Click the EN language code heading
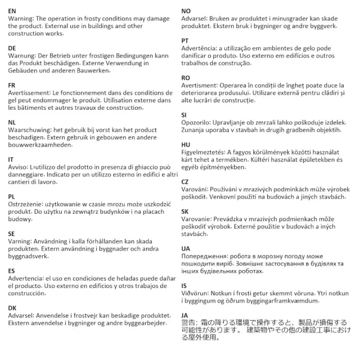point(12,11)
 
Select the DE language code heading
point(12,48)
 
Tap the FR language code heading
point(12,85)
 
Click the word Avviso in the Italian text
point(19,167)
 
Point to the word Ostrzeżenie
point(29,204)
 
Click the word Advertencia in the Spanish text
point(26,278)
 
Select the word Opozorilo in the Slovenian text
point(195,122)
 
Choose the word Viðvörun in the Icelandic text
point(195,293)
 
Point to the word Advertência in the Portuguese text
point(199,48)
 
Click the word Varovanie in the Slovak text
point(196,219)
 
